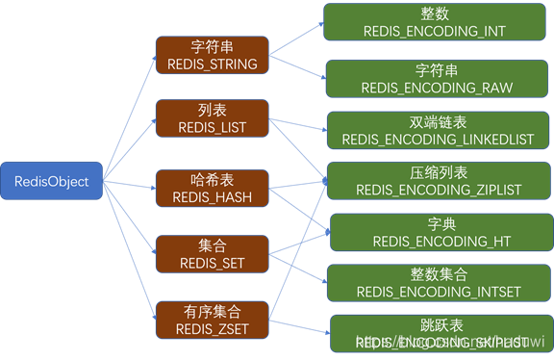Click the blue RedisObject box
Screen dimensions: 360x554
51,181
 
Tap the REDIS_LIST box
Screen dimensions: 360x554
212,118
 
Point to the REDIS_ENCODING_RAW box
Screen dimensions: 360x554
437,79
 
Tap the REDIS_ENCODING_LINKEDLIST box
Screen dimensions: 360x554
437,131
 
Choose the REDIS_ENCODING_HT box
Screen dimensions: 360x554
439,232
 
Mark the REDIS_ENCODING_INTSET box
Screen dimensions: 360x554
437,282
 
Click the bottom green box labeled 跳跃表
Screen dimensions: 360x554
439,332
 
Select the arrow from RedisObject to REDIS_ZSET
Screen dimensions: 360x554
129,254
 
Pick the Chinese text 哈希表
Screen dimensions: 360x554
212,179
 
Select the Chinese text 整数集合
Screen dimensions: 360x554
439,273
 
